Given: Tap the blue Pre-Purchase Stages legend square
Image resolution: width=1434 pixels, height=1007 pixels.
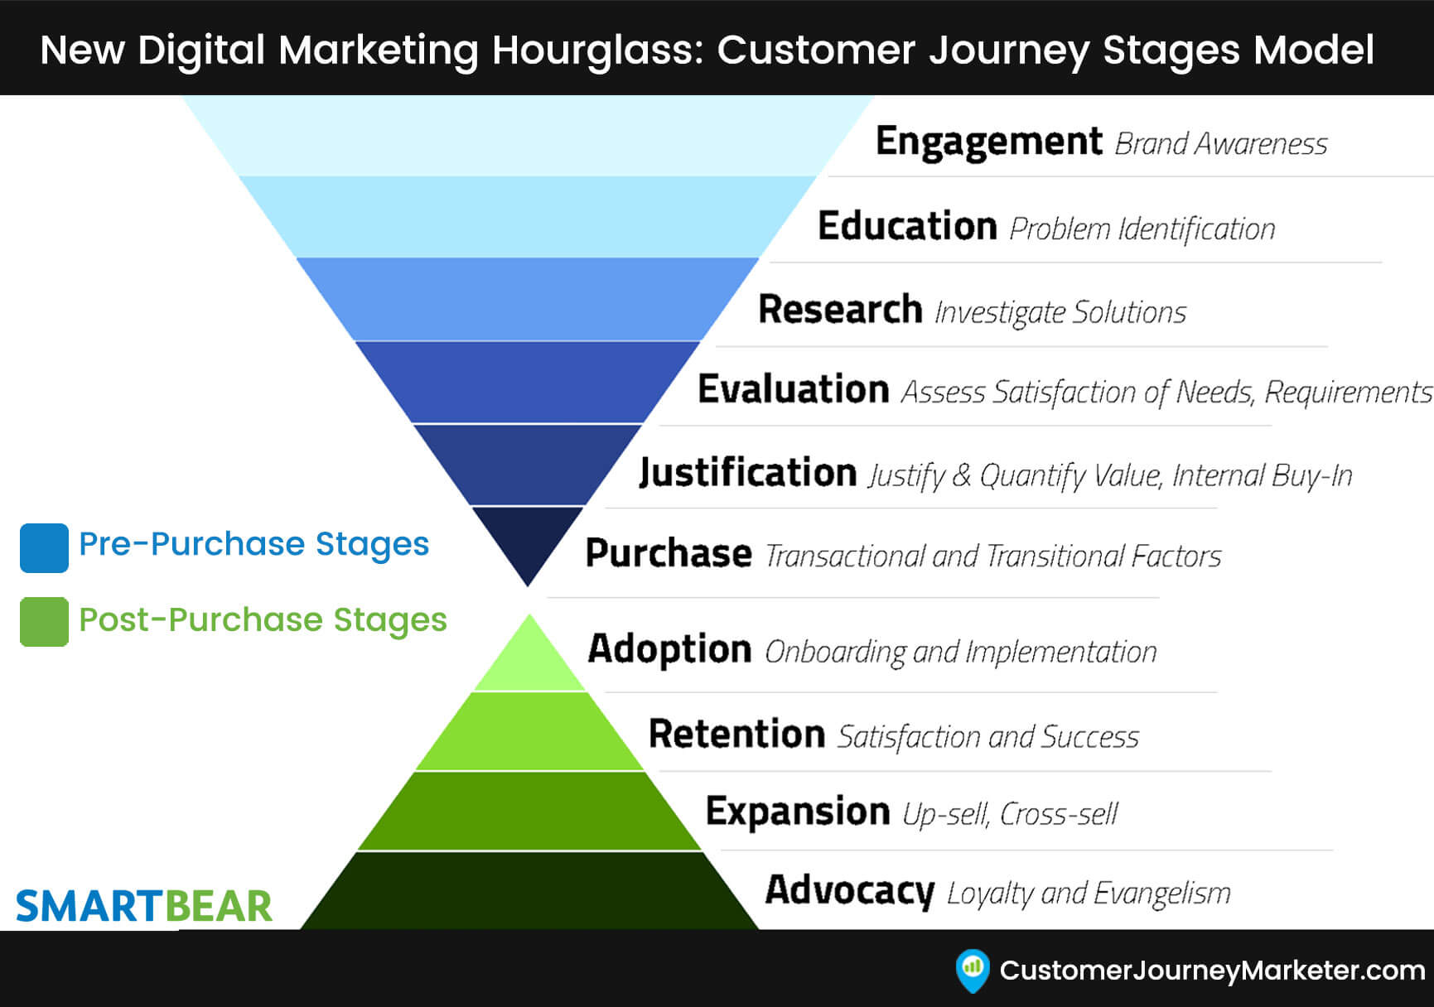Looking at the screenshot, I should click(x=44, y=547).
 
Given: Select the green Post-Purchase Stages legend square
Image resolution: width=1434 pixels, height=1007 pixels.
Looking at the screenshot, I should click(x=44, y=621).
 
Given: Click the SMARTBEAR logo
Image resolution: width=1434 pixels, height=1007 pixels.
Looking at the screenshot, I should click(x=144, y=906).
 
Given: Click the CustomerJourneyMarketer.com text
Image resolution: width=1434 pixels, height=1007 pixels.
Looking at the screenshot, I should click(x=1212, y=971).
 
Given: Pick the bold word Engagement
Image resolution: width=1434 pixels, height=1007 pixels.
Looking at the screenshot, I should click(x=988, y=142).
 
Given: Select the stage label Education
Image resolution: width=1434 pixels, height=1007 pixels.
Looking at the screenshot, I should click(x=907, y=226).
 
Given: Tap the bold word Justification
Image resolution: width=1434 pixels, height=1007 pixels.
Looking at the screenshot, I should click(x=747, y=473).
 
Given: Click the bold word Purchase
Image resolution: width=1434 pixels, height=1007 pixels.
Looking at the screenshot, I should click(x=669, y=553).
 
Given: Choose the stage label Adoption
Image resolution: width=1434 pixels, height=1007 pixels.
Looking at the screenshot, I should click(x=669, y=648).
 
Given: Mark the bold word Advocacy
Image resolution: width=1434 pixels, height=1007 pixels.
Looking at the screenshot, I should click(x=849, y=890).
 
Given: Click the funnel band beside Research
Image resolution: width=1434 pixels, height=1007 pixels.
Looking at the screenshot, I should click(x=528, y=299).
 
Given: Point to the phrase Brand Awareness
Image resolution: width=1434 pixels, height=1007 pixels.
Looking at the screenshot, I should click(x=1221, y=144).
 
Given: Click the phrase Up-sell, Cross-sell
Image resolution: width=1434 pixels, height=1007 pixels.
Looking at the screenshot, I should click(x=1010, y=814).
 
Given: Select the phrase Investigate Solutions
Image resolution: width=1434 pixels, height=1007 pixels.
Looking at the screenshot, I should click(x=1060, y=312).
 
